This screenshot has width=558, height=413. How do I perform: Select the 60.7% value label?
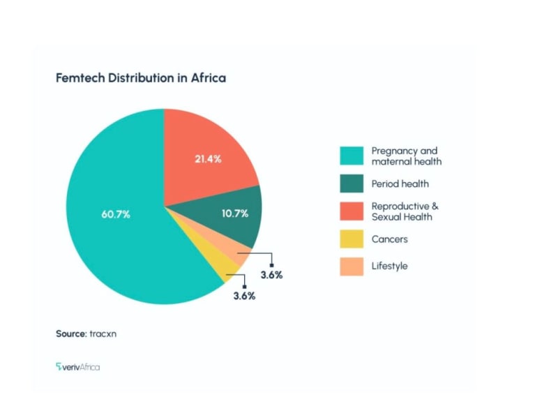click(116, 213)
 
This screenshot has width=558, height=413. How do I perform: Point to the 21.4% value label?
click(208, 159)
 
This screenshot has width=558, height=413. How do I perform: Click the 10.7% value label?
click(235, 213)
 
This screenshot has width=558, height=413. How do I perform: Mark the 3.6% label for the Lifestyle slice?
click(271, 275)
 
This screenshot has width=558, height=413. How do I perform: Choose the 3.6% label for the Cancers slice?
click(244, 296)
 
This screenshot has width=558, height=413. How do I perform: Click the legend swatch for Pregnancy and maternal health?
click(352, 156)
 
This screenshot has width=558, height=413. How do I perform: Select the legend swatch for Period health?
click(352, 184)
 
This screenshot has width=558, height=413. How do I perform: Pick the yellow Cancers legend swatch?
click(352, 239)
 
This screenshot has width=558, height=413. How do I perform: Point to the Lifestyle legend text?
click(389, 266)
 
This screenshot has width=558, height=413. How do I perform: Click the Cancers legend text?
click(389, 239)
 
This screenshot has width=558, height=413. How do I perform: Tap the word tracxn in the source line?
click(103, 334)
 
